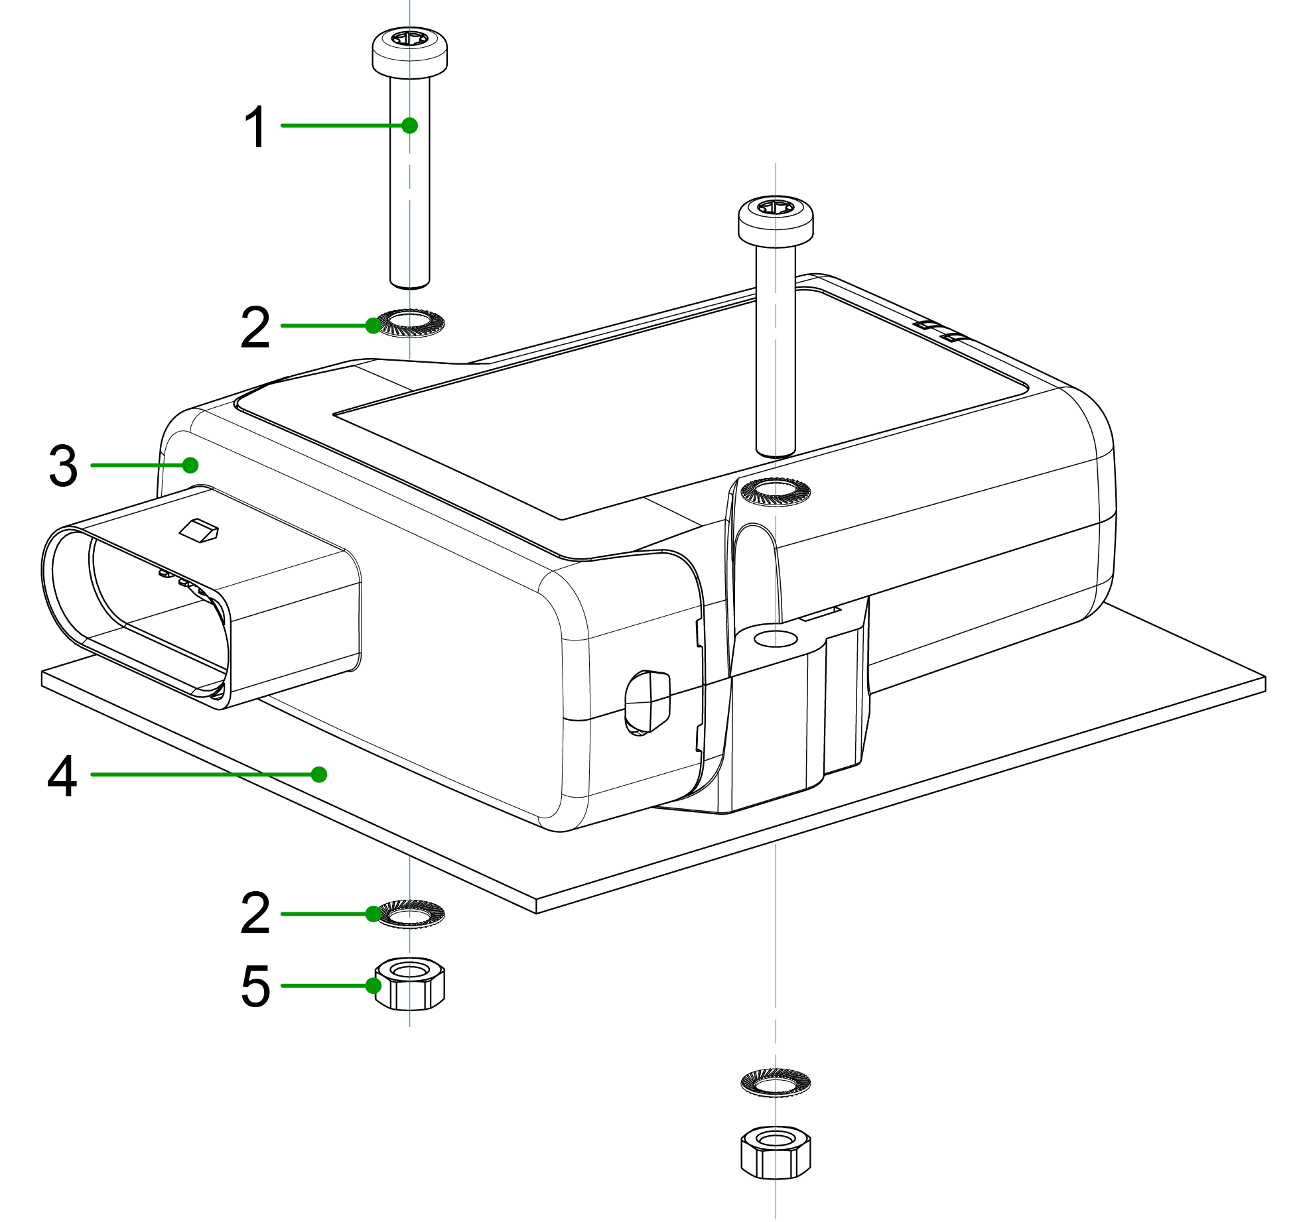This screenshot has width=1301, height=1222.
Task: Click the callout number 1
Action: coord(255,127)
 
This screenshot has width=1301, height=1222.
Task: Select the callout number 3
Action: coord(64,466)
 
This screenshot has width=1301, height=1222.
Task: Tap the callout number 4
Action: coord(62,776)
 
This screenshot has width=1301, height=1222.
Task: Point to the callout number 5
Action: coord(255,987)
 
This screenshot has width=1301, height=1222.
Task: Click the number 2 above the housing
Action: coord(255,327)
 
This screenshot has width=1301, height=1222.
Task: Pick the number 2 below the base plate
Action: coord(255,914)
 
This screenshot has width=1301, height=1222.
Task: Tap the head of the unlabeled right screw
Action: coord(776,219)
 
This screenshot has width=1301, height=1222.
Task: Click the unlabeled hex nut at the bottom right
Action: coord(776,1151)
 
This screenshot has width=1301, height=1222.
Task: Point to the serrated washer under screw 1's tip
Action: coord(410,324)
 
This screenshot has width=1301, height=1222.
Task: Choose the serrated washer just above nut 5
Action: coord(410,914)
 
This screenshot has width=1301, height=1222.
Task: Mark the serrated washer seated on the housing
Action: coord(775,491)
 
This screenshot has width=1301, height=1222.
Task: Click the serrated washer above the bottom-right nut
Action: coord(776,1082)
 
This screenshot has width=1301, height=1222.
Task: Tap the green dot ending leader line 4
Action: coord(319,774)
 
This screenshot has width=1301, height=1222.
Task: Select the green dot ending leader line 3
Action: coord(190,465)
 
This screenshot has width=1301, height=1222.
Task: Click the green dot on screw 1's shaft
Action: coord(410,125)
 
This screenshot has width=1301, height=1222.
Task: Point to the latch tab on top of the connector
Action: coord(199,530)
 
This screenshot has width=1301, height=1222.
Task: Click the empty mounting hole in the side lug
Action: coord(776,639)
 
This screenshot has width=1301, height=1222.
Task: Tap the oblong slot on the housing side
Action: coord(647,702)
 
